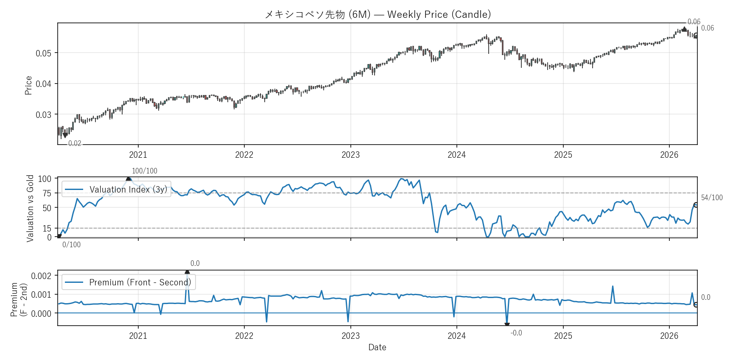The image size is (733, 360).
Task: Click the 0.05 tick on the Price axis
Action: [x=43, y=53]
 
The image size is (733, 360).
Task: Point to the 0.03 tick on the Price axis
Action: [x=43, y=115]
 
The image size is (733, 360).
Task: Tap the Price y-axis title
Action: [x=28, y=85]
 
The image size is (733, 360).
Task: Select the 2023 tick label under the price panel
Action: [x=350, y=155]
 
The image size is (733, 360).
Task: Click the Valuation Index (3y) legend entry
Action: [x=116, y=190]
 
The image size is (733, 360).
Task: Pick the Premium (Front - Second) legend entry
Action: [x=129, y=282]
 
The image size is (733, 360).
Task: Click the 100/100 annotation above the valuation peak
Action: [x=144, y=171]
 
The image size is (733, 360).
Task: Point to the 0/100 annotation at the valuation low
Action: [x=71, y=245]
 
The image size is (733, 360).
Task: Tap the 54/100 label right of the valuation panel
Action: [x=711, y=198]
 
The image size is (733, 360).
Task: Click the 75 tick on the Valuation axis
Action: [x=47, y=193]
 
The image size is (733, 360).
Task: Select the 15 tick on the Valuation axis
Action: [x=47, y=229]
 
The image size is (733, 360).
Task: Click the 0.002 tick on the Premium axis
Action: [x=41, y=276]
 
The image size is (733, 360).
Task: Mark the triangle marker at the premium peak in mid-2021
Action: [x=187, y=272]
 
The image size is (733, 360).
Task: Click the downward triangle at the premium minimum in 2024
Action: [x=507, y=325]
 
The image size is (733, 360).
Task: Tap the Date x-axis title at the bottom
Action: [x=377, y=347]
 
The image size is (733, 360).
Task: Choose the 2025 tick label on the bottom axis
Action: [x=563, y=336]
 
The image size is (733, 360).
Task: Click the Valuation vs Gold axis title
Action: [x=30, y=208]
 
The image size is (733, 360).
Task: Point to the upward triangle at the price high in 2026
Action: [x=684, y=29]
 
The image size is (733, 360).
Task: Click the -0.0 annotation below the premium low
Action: [x=516, y=333]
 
